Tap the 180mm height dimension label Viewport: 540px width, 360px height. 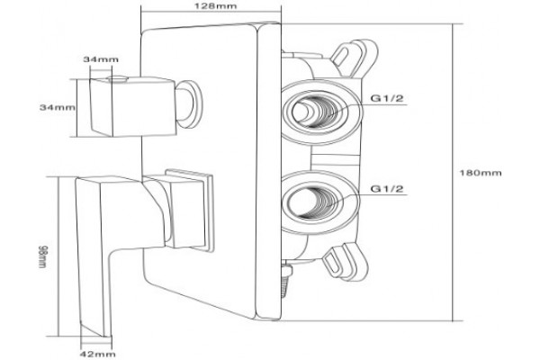[x=481, y=173]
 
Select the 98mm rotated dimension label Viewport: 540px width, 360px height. [x=42, y=256]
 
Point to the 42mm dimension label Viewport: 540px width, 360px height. [x=98, y=354]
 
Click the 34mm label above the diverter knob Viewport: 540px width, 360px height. [x=101, y=59]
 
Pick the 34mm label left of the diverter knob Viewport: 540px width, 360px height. [x=58, y=107]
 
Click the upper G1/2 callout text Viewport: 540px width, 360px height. [x=387, y=98]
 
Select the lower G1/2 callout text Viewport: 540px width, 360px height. [x=387, y=189]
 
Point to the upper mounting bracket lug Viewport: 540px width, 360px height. [x=355, y=57]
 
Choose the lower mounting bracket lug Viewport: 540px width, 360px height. [x=346, y=260]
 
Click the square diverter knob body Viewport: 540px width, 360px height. [x=133, y=106]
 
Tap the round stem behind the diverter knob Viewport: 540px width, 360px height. [x=189, y=104]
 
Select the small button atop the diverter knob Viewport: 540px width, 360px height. [x=118, y=79]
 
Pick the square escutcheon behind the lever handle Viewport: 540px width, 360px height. [x=189, y=210]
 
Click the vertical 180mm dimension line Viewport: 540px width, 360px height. [x=453, y=172]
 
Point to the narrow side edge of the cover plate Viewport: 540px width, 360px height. [x=268, y=171]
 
